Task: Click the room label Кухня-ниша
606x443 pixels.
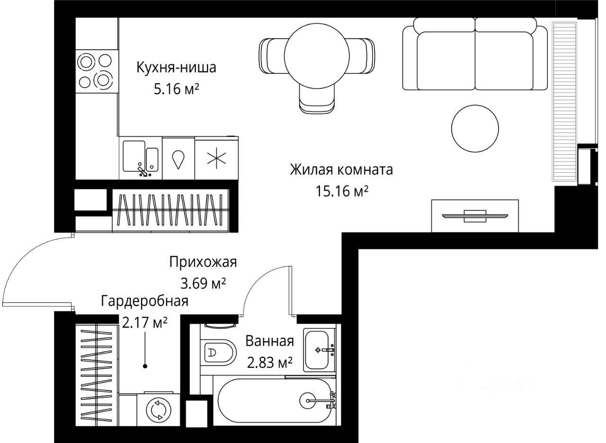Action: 176,68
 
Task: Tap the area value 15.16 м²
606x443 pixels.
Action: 342,191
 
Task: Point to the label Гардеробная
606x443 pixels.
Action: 145,301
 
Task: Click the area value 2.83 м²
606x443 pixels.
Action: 269,363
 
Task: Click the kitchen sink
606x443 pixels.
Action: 141,157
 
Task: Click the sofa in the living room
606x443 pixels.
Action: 474,54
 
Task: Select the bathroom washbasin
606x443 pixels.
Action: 319,350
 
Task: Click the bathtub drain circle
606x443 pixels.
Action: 309,400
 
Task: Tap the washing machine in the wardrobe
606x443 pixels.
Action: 157,410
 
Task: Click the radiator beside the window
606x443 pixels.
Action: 564,100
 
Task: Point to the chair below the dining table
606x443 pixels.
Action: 317,101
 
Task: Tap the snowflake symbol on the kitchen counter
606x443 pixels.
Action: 216,158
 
